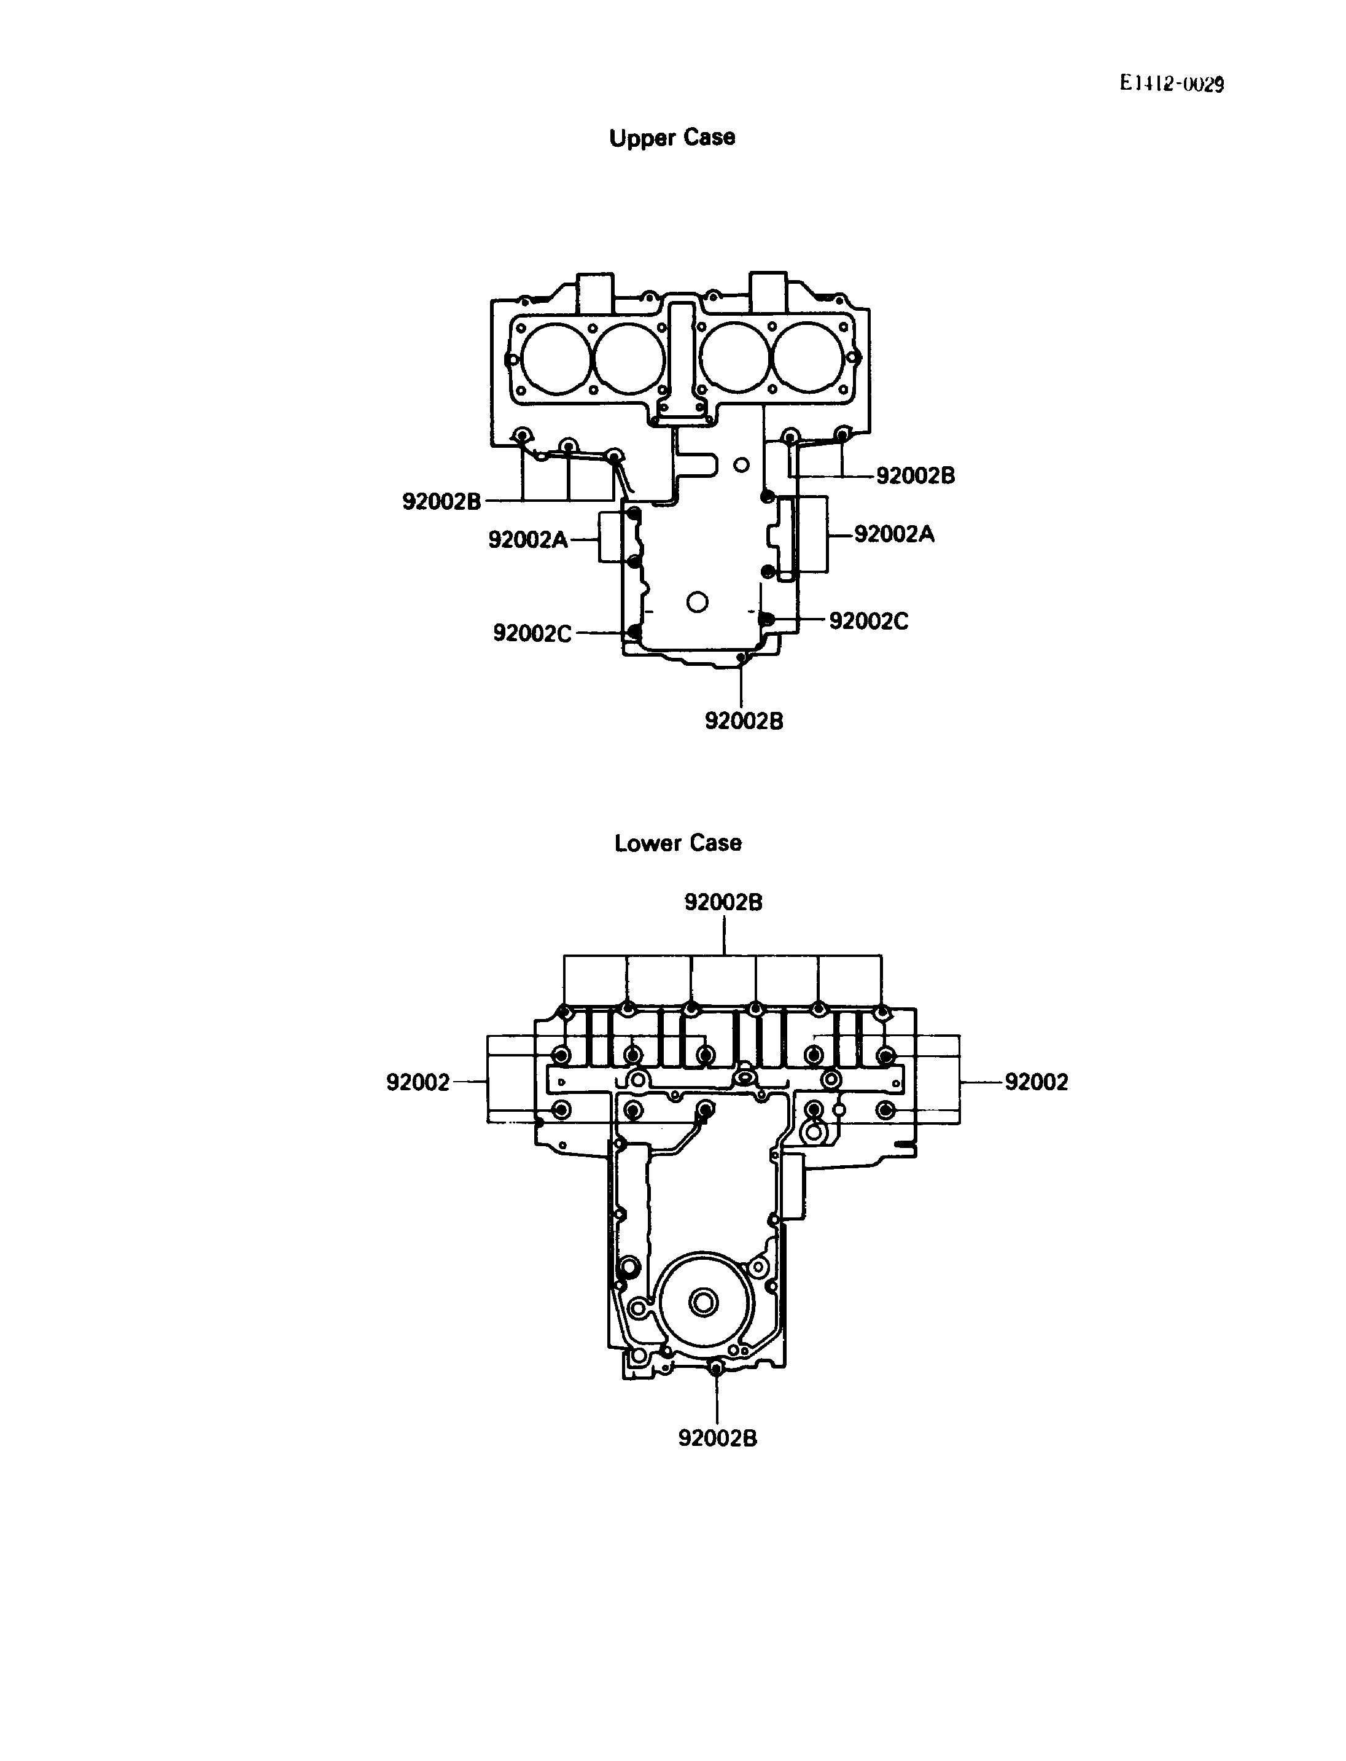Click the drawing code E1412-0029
coord(1172,84)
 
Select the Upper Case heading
coord(672,138)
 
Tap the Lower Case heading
coord(678,843)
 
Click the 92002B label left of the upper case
coord(442,501)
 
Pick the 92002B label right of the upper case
coord(915,475)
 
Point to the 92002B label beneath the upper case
coord(744,720)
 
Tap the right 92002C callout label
coord(868,620)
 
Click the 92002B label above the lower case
coord(723,902)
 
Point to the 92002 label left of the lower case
coord(418,1082)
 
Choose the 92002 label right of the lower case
coord(1037,1082)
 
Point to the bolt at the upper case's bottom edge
coord(742,658)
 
